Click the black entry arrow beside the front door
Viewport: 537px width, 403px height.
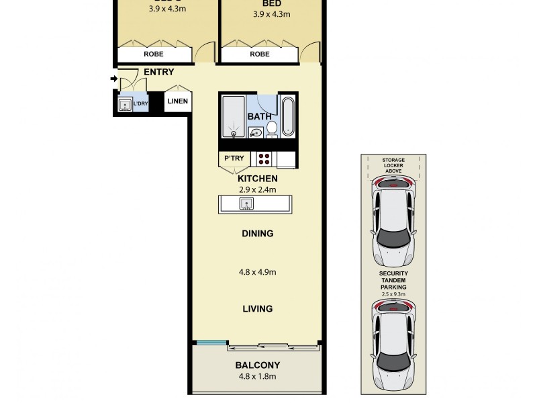point(114,79)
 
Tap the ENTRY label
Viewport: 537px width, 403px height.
point(158,73)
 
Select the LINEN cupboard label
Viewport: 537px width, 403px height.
point(178,102)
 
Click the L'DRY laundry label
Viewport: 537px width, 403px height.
point(140,104)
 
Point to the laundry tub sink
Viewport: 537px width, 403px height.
point(124,104)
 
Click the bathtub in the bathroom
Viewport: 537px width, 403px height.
point(288,116)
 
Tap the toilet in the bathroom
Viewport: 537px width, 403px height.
point(272,128)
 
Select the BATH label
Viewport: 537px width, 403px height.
point(260,116)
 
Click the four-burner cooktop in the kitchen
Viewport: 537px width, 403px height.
point(264,159)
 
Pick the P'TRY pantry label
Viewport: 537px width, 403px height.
point(234,159)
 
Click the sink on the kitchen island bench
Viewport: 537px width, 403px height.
point(246,204)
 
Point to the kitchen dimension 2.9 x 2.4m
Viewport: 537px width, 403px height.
point(258,189)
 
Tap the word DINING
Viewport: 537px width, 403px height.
point(258,234)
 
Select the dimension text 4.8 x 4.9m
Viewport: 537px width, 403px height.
point(258,272)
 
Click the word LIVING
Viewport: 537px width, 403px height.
point(258,309)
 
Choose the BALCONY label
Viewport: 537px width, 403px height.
point(258,365)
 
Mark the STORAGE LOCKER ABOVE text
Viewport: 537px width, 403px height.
point(393,166)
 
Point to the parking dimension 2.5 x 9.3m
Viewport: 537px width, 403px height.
point(393,294)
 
